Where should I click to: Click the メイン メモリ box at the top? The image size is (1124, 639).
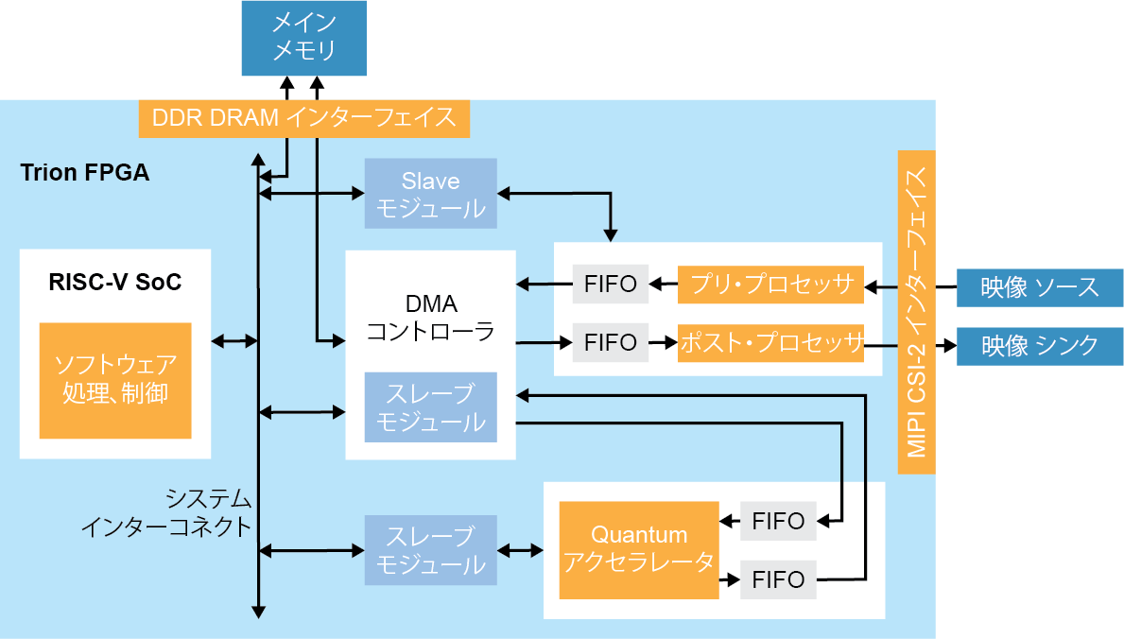303,38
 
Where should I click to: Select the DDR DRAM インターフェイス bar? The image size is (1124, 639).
303,118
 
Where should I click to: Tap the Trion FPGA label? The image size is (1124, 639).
84,174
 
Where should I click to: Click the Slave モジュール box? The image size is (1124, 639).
430,194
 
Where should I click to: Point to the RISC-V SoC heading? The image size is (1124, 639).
114,282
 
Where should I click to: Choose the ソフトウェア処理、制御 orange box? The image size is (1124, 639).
115,380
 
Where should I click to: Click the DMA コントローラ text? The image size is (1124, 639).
430,318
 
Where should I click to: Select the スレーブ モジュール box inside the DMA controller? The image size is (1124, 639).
430,407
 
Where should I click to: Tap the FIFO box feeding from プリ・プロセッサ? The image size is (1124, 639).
610,285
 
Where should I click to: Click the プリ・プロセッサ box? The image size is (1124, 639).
770,285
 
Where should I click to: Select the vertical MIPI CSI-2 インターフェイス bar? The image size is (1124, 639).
916,312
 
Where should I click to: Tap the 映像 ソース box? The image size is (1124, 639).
1039,287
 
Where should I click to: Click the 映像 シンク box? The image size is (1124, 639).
1039,346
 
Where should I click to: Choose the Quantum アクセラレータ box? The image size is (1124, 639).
638,549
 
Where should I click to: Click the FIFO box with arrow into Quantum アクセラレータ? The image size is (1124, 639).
777,521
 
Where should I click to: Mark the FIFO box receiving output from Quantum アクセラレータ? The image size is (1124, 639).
777,579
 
